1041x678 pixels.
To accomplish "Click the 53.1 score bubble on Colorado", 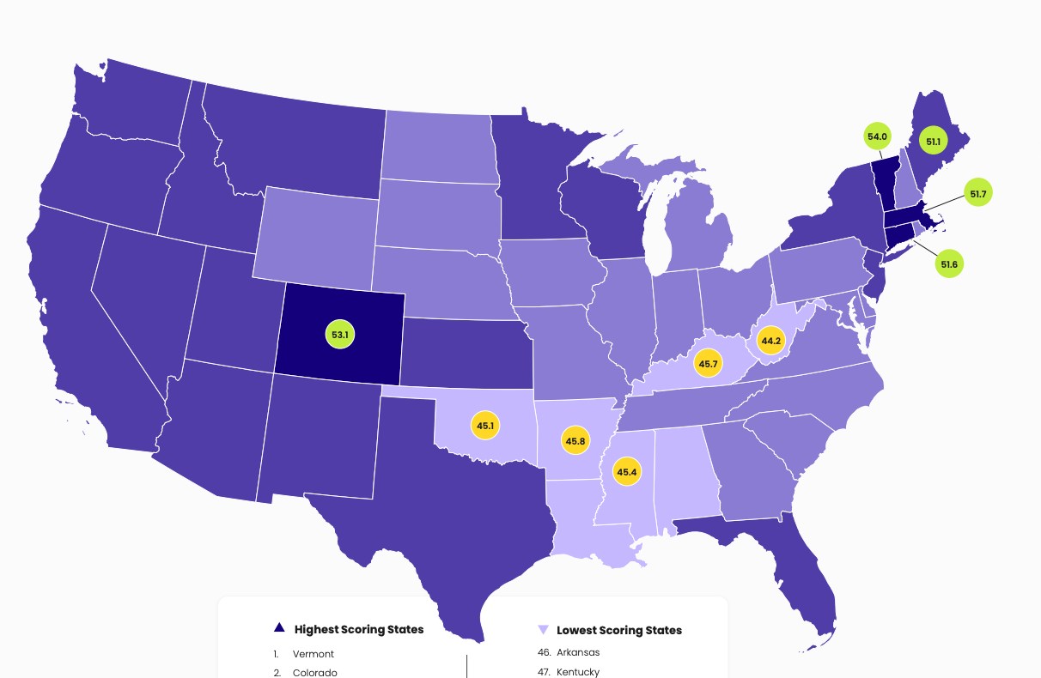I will click(339, 334).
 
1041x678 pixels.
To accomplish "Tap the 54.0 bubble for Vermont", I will click(877, 136).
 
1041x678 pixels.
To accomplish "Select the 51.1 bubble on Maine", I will click(933, 140).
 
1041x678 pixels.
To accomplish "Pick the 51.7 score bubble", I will click(977, 194).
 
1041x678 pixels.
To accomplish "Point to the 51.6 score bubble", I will click(948, 264).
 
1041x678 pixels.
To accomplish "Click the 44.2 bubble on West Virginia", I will click(770, 341).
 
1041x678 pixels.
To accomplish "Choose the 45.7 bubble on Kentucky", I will click(708, 364).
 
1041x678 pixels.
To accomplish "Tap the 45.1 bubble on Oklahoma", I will click(485, 426).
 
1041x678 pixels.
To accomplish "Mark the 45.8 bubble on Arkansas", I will click(575, 441).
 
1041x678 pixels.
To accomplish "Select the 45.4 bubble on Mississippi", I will click(626, 472).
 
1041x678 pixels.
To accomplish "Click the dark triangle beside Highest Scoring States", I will click(278, 629).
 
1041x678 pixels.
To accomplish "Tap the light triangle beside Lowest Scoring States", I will click(542, 630).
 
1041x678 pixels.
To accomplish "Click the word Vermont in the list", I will click(313, 654).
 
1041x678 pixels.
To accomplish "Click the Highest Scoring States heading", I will click(358, 629).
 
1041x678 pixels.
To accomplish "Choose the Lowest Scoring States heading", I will click(618, 630).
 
